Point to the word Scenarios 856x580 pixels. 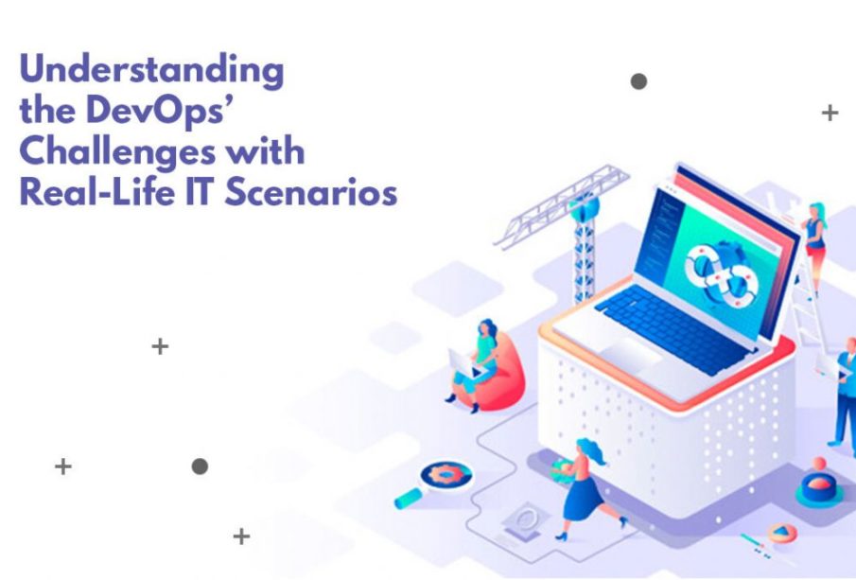point(310,192)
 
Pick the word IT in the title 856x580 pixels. point(200,192)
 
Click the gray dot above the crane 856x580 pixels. point(638,81)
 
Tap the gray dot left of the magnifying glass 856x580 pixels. point(200,466)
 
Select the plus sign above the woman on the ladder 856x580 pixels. point(830,113)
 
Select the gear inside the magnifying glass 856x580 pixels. point(446,474)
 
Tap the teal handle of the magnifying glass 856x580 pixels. point(409,498)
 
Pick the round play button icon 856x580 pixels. point(782,532)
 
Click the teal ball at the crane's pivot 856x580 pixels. point(585,206)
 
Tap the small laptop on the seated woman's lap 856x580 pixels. point(464,365)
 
